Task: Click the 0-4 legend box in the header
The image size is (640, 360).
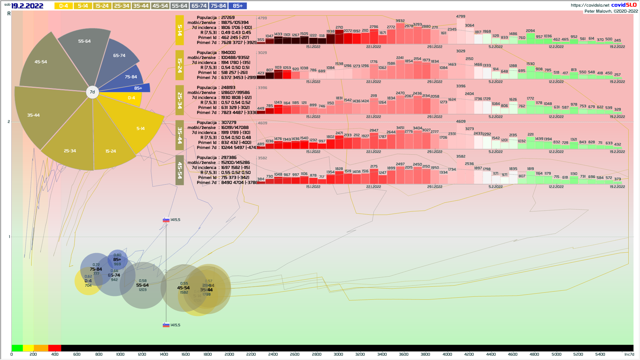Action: click(63, 6)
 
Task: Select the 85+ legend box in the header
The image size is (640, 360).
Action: click(238, 6)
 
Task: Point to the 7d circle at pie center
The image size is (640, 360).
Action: click(92, 92)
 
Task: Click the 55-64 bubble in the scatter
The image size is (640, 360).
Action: click(143, 285)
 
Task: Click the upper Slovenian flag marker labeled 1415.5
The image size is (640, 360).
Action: click(166, 220)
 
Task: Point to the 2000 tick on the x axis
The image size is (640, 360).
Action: click(229, 354)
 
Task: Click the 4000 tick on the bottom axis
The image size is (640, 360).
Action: click(447, 354)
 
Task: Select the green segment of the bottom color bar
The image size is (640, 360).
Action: click(17, 348)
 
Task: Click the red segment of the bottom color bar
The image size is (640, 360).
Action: click(55, 348)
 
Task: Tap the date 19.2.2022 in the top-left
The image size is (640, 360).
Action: click(27, 6)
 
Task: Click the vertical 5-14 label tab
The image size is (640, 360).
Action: click(180, 30)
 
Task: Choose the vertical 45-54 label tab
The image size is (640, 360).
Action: click(180, 170)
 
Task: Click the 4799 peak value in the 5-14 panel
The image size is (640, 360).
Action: click(461, 16)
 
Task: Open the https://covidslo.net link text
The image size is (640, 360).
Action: click(590, 5)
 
